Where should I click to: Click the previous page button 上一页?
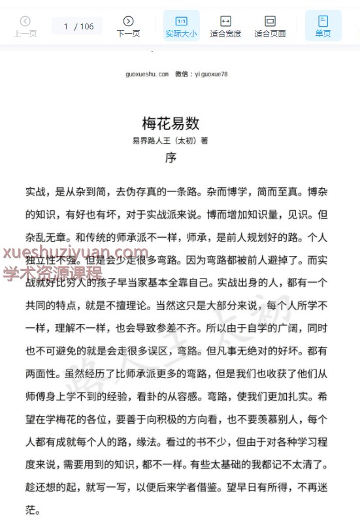25,26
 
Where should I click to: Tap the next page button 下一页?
128,26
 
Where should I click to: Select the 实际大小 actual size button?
181,26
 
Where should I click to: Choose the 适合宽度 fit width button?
225,26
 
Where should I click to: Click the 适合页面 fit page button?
270,26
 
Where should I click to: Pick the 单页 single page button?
323,26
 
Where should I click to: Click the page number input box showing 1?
66,27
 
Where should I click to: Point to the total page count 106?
87,27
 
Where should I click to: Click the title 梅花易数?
171,123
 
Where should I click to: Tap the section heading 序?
171,157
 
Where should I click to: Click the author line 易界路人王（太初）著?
170,140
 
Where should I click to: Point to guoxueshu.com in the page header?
147,74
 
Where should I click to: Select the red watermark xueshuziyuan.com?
76,254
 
